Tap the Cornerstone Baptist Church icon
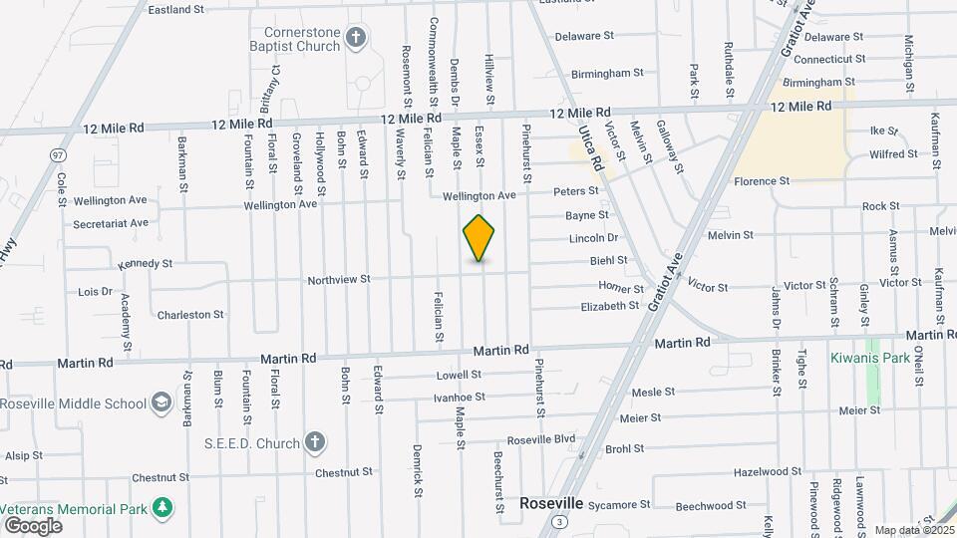356,38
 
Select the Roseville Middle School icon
159,403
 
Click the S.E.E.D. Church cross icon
315,441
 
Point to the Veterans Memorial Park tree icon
161,508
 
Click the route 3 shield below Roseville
562,522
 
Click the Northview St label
339,280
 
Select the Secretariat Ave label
111,222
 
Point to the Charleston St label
190,315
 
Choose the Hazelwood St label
768,471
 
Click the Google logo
33,525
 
